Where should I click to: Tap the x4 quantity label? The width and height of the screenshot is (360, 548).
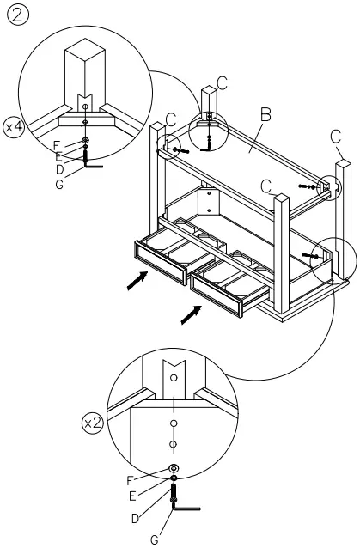14,127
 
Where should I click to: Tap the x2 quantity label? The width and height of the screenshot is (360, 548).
92,423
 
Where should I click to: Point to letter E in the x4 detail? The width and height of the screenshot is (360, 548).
58,157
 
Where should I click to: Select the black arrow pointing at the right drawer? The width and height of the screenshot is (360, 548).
191,315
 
